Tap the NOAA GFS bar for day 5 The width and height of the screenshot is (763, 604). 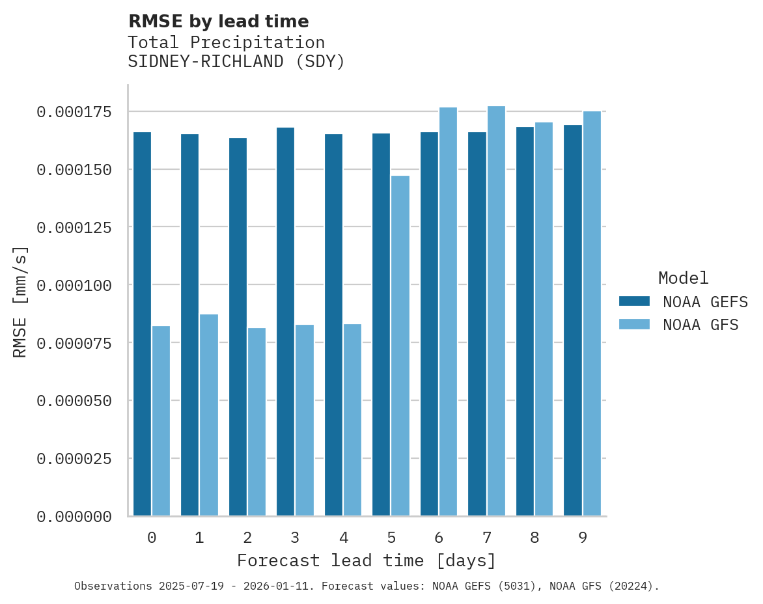(400, 346)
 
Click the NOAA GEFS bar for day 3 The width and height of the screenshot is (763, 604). (285, 322)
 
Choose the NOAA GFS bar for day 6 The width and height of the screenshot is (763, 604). (448, 312)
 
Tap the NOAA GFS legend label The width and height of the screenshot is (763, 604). (701, 325)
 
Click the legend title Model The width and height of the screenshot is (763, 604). (683, 278)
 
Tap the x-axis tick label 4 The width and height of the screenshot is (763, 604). (343, 538)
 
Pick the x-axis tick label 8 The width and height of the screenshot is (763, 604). (534, 538)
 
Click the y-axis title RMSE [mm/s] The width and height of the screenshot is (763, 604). (20, 301)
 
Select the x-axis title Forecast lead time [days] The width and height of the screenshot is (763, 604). (367, 560)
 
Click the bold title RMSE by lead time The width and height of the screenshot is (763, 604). (218, 21)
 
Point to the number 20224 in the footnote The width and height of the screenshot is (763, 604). (630, 586)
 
